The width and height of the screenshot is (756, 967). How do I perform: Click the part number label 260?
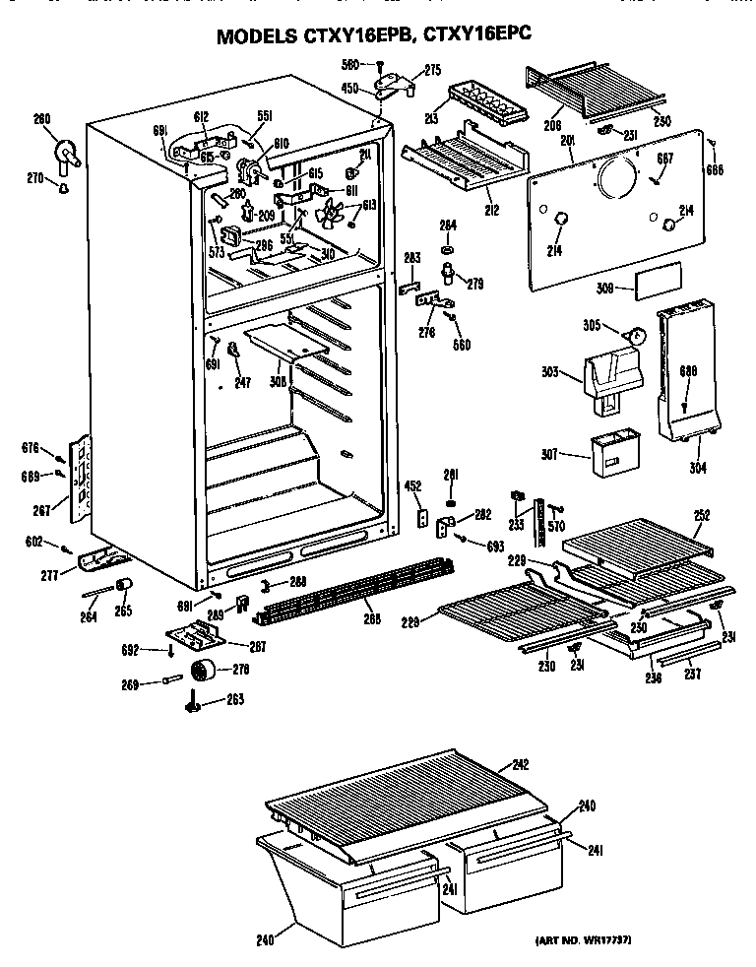[x=41, y=120]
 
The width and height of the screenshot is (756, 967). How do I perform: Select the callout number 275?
[x=405, y=69]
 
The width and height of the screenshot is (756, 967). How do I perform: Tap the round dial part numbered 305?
[x=637, y=336]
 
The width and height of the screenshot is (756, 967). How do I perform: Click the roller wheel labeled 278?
[x=204, y=673]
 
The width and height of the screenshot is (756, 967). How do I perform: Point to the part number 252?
[x=702, y=514]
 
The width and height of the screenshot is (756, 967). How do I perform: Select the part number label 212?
[x=490, y=209]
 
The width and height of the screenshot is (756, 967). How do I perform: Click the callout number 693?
[x=494, y=545]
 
